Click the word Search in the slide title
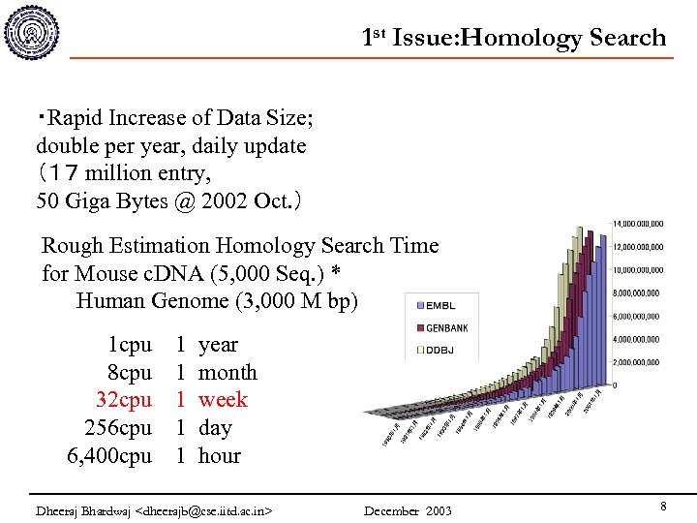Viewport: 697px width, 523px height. point(627,38)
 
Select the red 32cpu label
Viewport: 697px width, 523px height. point(124,400)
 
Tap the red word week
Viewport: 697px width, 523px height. point(223,400)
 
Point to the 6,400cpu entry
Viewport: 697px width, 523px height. point(109,455)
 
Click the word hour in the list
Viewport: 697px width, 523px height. point(220,455)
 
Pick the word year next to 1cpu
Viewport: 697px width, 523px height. point(218,345)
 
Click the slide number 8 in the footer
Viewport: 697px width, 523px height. point(663,507)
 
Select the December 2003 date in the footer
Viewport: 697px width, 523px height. point(408,510)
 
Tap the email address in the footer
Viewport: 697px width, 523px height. point(206,510)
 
